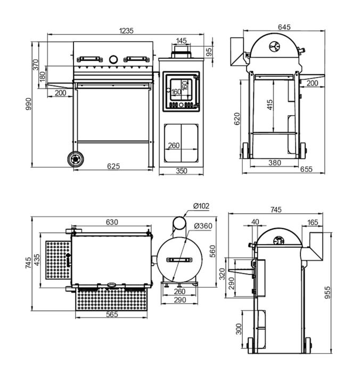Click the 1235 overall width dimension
click(x=126, y=31)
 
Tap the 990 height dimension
click(x=28, y=104)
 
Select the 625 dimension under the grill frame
click(x=113, y=166)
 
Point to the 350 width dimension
click(x=182, y=171)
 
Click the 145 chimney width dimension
click(x=181, y=41)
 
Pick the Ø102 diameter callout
click(x=201, y=206)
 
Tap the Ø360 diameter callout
click(x=203, y=226)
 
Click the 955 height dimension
click(x=328, y=293)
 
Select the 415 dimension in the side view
click(x=270, y=104)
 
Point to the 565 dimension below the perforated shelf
click(x=112, y=314)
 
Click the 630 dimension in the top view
click(x=112, y=222)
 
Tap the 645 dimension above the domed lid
click(x=284, y=27)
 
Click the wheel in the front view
click(x=76, y=159)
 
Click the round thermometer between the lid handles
click(x=113, y=60)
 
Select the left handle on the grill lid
click(x=89, y=59)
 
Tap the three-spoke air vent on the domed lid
click(x=275, y=47)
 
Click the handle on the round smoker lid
click(x=179, y=260)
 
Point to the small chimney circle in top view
click(x=179, y=223)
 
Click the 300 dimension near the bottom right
click(x=239, y=329)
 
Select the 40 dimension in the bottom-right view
click(x=255, y=222)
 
